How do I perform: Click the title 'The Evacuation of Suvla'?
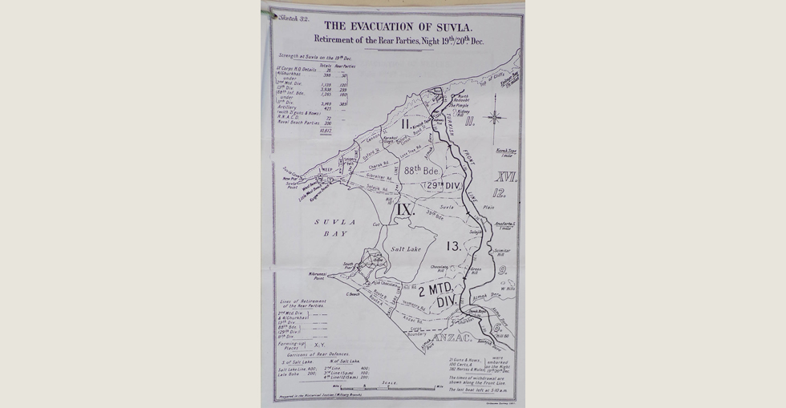[x=396, y=24]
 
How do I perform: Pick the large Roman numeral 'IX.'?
[x=405, y=210]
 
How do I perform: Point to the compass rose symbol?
[x=495, y=117]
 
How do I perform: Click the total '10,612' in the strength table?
[x=325, y=129]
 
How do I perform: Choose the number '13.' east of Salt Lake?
[x=453, y=247]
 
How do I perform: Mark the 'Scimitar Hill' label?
[x=501, y=251]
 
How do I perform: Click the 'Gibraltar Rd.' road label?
[x=379, y=175]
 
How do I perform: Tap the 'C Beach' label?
[x=352, y=294]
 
